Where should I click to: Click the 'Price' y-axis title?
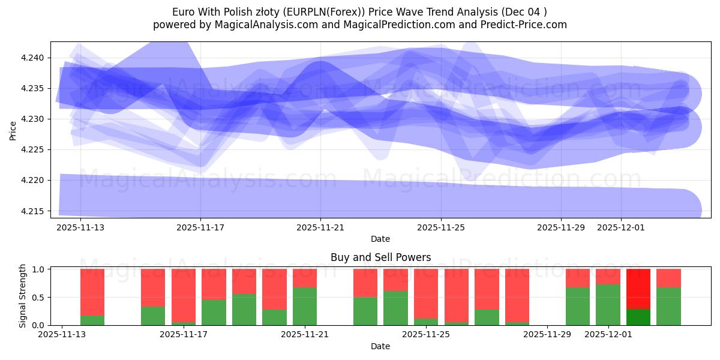pyautogui.click(x=13, y=130)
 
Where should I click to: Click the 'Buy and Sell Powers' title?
pyautogui.click(x=380, y=257)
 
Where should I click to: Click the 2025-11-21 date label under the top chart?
pyautogui.click(x=320, y=228)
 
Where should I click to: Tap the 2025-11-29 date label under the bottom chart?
pyautogui.click(x=547, y=335)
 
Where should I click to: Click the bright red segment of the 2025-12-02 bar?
pyautogui.click(x=638, y=289)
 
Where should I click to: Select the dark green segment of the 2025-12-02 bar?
pyautogui.click(x=638, y=317)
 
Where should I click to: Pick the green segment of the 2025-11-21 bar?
pyautogui.click(x=305, y=306)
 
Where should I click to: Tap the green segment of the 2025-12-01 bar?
pyautogui.click(x=608, y=305)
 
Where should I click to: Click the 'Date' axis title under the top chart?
pyautogui.click(x=380, y=239)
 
